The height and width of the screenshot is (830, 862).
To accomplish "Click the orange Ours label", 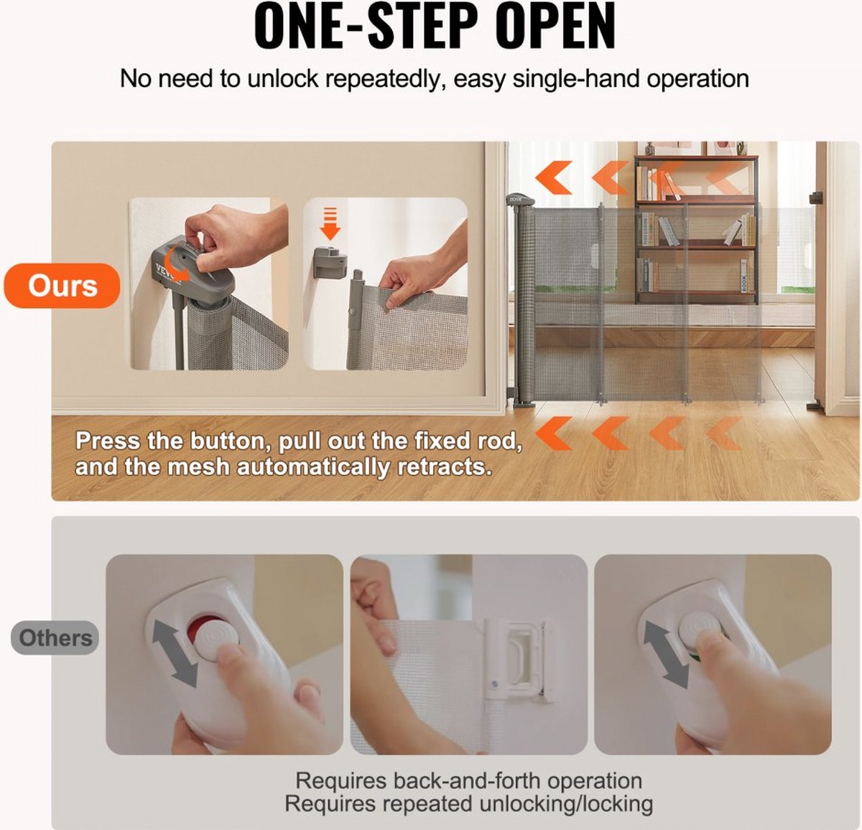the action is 62,286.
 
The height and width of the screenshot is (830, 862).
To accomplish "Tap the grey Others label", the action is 55,638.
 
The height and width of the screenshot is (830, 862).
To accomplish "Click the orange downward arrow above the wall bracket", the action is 330,223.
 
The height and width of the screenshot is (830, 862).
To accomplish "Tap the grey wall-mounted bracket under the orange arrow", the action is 330,263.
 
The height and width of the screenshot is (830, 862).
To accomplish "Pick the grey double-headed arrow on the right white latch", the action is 666,655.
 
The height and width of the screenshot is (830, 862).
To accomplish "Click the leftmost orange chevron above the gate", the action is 554,177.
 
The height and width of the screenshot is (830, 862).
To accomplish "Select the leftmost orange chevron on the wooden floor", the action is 554,433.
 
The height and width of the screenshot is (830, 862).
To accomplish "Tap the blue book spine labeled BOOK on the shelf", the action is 743,276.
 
